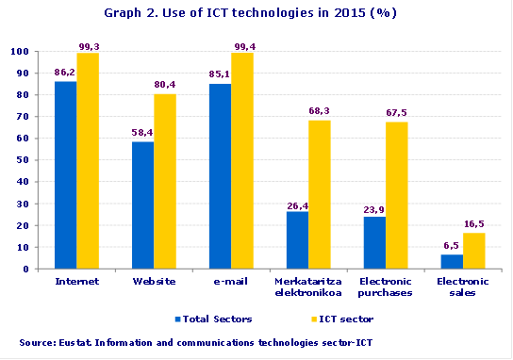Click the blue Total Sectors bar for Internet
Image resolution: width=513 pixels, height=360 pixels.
coord(65,175)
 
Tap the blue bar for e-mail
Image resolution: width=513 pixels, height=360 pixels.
coord(220,176)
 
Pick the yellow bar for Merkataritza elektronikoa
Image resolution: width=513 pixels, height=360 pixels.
coord(320,194)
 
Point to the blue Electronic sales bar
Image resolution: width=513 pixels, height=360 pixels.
coord(452,262)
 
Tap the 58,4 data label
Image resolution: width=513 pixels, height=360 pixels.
coord(142,133)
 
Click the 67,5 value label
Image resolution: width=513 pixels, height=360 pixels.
coord(397,112)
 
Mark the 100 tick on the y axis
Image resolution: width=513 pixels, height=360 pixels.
coord(21,52)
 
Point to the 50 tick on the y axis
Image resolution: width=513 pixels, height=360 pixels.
coord(24,160)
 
